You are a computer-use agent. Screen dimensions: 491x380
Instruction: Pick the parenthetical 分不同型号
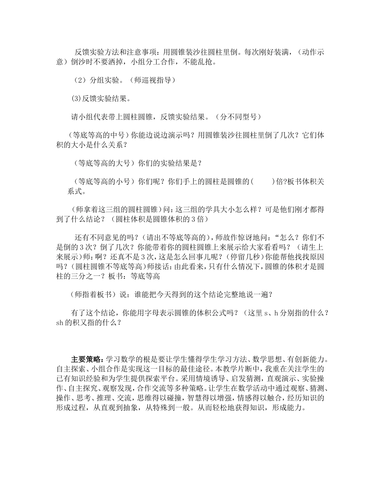(x=238, y=117)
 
